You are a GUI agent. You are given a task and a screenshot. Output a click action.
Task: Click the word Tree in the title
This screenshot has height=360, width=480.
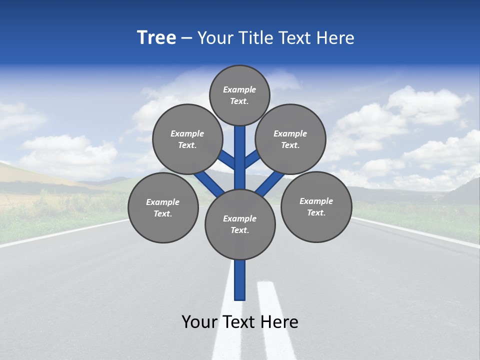156,38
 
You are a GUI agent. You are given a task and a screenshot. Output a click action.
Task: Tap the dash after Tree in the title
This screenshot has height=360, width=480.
186,38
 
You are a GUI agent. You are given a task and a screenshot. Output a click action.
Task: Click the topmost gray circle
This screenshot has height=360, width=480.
239,95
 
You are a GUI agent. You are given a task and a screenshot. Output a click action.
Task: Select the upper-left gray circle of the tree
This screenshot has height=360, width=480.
187,139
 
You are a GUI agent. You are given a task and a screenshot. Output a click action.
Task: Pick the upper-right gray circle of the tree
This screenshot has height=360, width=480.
290,139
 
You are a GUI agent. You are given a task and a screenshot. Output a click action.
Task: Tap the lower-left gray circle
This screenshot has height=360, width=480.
162,207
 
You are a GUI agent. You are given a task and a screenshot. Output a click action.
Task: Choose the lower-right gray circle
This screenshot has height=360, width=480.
316,206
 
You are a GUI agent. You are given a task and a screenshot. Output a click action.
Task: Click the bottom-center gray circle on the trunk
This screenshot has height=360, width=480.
240,224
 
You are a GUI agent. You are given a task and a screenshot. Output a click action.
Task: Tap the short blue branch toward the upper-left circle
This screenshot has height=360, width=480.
226,159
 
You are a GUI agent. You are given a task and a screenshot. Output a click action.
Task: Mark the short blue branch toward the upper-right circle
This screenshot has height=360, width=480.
252,158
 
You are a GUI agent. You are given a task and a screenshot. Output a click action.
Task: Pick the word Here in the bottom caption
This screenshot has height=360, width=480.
279,322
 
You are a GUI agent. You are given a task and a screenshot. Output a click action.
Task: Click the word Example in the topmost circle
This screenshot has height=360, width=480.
239,89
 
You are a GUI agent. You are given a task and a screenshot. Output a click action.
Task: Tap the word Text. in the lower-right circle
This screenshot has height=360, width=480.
316,212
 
